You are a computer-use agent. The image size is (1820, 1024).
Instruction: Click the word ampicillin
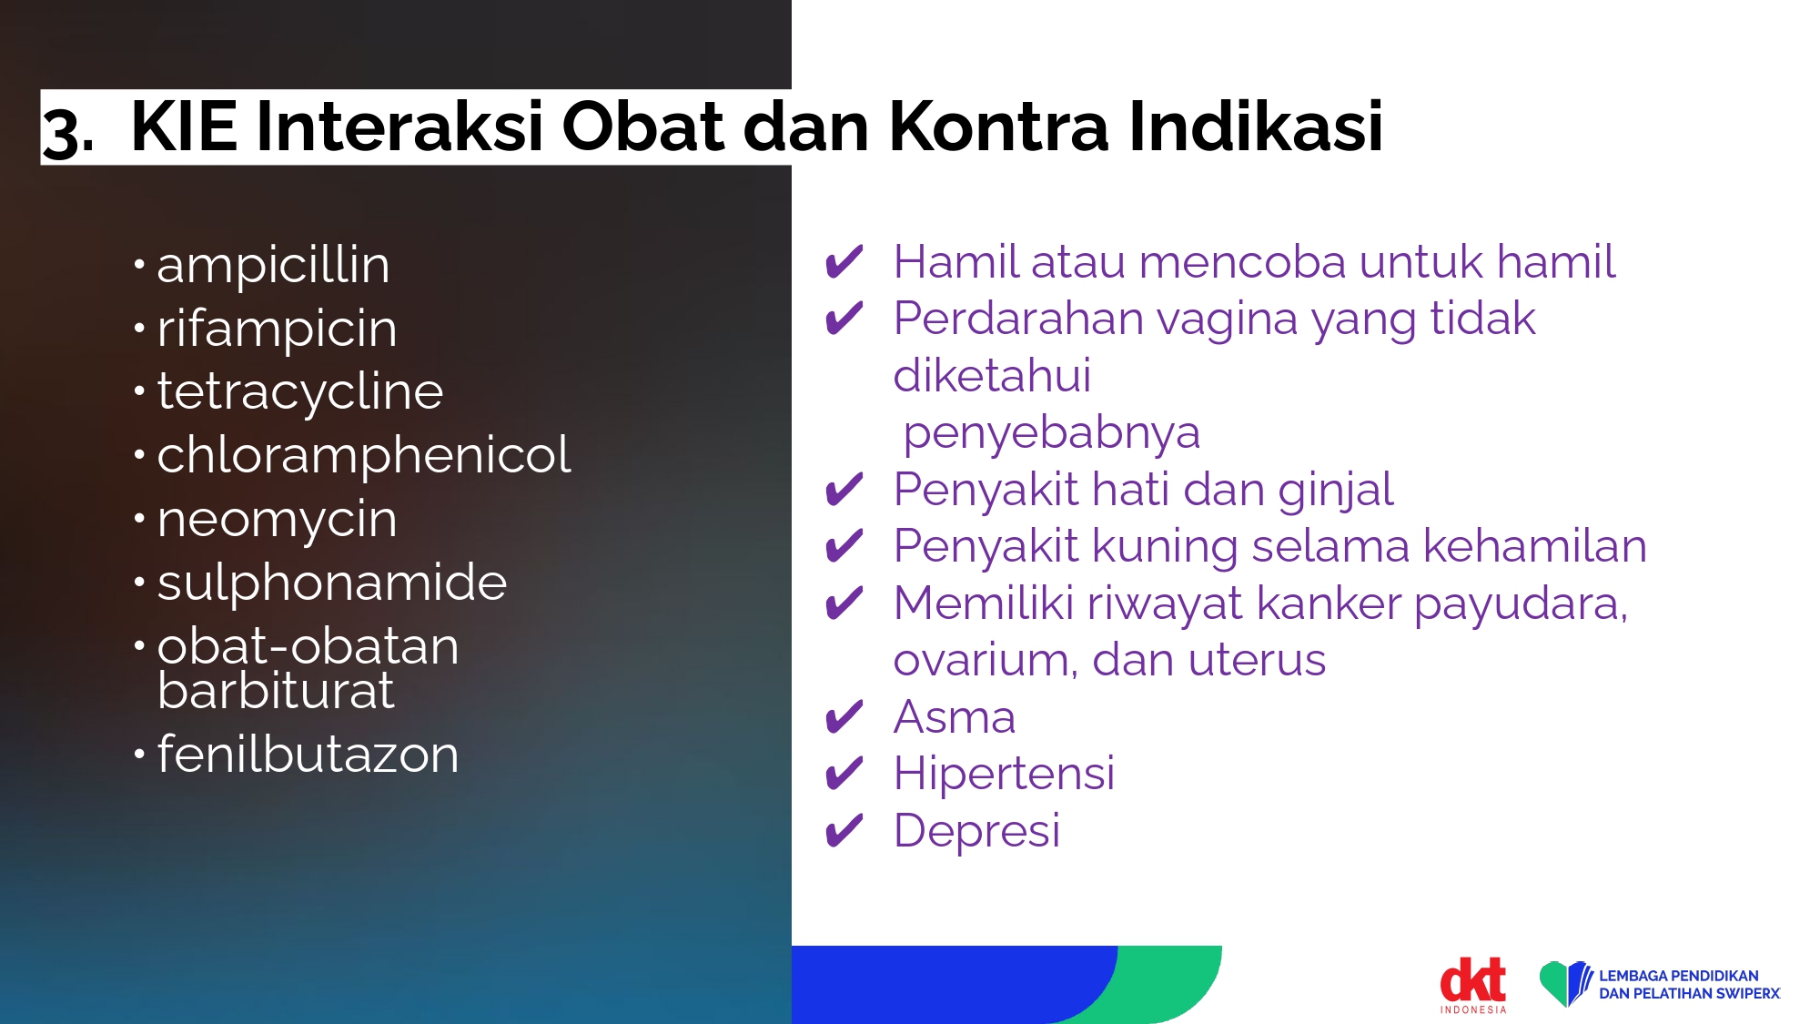coord(273,265)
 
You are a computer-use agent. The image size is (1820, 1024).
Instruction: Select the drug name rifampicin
coord(277,329)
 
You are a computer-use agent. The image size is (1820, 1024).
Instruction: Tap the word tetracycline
coord(299,391)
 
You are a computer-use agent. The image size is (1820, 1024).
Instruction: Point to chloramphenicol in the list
coord(364,454)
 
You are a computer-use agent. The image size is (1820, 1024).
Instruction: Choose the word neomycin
coord(277,520)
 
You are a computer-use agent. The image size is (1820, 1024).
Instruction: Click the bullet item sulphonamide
coord(331,582)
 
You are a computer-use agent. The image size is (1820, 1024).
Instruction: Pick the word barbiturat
coord(276,690)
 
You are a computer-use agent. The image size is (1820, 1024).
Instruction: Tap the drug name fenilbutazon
coord(308,754)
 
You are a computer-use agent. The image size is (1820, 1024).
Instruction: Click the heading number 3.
coord(67,131)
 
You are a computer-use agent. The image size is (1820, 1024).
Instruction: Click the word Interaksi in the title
coord(399,126)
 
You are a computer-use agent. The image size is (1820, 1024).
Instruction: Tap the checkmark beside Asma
coord(844,717)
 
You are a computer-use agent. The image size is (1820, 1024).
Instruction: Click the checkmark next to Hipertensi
coord(844,774)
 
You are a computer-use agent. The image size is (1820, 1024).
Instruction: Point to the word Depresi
coord(977,830)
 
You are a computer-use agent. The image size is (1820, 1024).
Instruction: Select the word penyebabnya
coord(1051,433)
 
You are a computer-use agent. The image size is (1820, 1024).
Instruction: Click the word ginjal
coord(1335,491)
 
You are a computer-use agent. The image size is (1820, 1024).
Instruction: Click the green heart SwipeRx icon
coord(1565,984)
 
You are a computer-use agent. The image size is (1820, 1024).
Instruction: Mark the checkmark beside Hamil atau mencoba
coord(844,262)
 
